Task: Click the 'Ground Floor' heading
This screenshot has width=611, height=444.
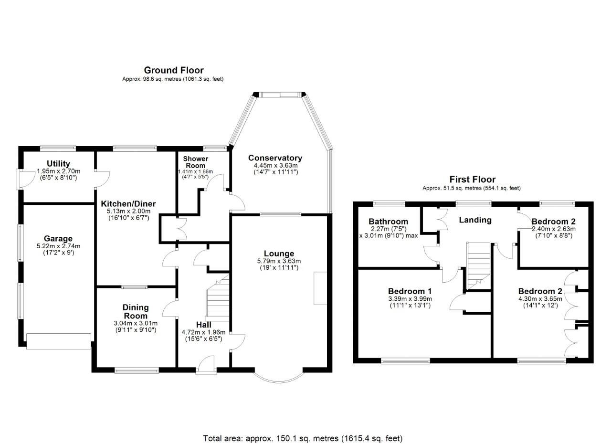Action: point(173,71)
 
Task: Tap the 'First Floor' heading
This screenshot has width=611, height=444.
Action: point(471,180)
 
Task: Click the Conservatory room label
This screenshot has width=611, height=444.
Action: point(275,158)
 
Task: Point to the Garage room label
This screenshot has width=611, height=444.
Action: point(58,239)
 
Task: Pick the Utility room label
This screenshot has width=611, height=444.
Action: point(59,164)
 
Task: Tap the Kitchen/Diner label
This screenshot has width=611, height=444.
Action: point(128,204)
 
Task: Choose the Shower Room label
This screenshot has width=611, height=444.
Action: point(196,162)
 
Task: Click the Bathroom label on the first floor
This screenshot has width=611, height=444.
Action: point(388,222)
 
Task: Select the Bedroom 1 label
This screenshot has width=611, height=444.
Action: point(410,291)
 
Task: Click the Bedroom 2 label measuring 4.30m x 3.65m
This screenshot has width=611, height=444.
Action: point(540,292)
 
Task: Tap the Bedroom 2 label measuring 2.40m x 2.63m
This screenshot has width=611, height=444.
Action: point(553,222)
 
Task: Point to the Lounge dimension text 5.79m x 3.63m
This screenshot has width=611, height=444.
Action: point(279,261)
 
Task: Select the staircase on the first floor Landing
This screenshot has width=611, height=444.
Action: point(478,265)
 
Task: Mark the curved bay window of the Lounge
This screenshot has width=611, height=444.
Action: point(279,377)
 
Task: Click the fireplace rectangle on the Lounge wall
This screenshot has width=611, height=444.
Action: point(320,288)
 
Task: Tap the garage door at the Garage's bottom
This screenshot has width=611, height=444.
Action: point(58,342)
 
